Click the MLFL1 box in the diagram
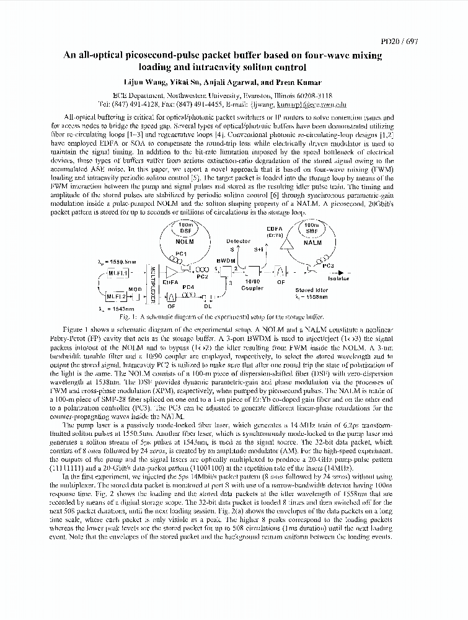click(x=118, y=272)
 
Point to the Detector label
click(x=238, y=241)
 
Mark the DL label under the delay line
click(x=208, y=305)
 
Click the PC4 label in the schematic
click(x=188, y=287)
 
